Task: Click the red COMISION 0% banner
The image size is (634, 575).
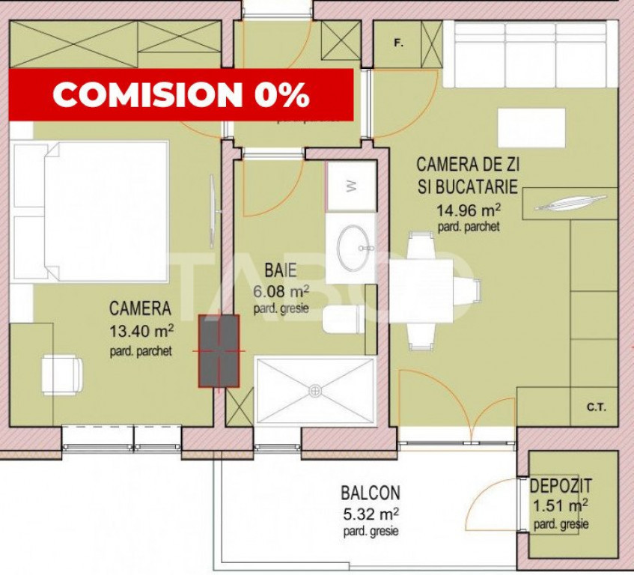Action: [x=180, y=94]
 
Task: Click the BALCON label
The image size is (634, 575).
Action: [x=370, y=493]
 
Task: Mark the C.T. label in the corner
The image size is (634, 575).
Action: [x=596, y=408]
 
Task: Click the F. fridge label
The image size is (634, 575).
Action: [x=397, y=43]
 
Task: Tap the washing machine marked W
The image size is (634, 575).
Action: [x=350, y=187]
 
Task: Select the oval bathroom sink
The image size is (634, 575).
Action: [x=356, y=246]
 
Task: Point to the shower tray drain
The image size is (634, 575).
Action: [x=315, y=390]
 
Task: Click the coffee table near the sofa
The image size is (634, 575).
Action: [x=531, y=128]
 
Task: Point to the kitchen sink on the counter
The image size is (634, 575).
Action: [x=570, y=203]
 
